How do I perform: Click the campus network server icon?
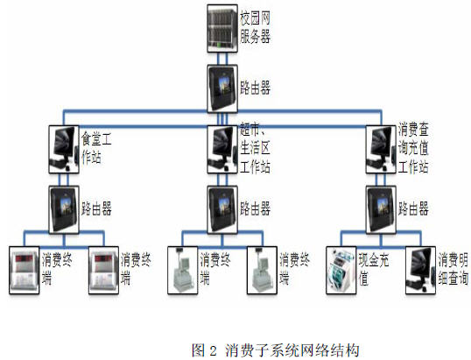[x=222, y=29]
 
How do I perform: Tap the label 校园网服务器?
[x=255, y=27]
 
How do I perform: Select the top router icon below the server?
[x=222, y=89]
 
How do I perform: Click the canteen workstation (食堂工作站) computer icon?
[x=64, y=150]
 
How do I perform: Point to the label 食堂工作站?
[x=96, y=148]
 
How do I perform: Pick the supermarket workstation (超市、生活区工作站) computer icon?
[x=222, y=150]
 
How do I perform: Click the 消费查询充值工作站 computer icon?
[x=381, y=150]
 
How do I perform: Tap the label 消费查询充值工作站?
[x=413, y=148]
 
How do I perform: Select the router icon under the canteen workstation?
[x=64, y=209]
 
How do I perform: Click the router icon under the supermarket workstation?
[x=222, y=209]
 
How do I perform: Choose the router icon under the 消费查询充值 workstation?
[x=381, y=209]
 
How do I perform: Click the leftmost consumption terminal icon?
[x=24, y=270]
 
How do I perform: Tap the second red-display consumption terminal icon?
[x=103, y=270]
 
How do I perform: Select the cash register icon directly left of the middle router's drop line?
[x=183, y=270]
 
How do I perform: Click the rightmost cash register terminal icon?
[x=262, y=270]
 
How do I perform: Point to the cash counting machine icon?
[x=341, y=270]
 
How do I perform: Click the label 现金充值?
[x=374, y=269]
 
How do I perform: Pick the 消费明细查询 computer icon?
[x=420, y=270]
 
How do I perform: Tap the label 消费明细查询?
[x=453, y=269]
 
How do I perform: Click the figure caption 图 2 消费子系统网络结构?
[x=276, y=350]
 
